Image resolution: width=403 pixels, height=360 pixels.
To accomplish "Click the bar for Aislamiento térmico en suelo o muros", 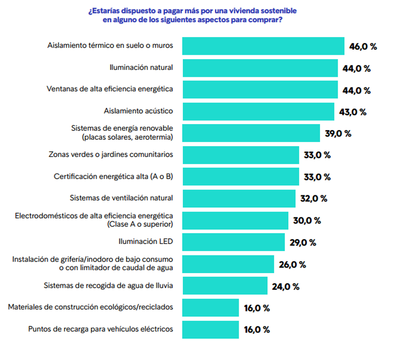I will tap(263, 46).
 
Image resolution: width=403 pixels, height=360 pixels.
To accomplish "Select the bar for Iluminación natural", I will tap(260, 68).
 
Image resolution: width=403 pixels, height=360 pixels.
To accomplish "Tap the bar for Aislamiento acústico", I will tap(258, 111).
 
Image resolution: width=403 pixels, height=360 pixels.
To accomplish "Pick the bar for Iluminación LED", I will tap(233, 242).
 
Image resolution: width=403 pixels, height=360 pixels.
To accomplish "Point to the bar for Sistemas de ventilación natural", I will tap(239, 198).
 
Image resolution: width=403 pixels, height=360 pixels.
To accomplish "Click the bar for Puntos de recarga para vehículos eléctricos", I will tap(210, 329).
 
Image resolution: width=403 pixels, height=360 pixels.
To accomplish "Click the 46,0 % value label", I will tap(363, 47).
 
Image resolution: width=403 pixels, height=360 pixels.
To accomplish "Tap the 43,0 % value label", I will tap(353, 112).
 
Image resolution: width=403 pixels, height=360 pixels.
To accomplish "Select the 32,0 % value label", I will tap(314, 199).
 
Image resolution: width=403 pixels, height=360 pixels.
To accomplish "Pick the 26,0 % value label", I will tap(292, 265).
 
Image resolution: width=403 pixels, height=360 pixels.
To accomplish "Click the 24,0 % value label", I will tap(285, 287).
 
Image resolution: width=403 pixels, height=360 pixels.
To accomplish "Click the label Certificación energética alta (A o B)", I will tap(114, 176).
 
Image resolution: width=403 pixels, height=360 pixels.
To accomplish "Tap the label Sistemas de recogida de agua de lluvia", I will tap(109, 286).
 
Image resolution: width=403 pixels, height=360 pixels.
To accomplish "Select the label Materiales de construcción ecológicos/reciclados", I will tap(90, 307).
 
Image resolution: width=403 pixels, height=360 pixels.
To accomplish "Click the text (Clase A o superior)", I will tap(140, 224).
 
